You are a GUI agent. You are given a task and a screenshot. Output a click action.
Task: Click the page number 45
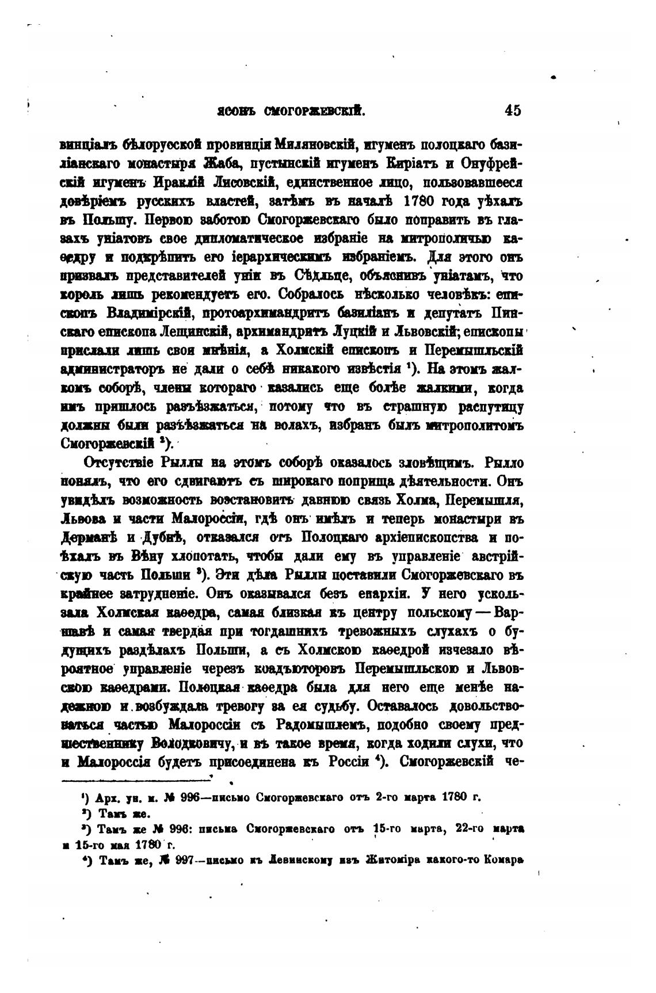click(512, 110)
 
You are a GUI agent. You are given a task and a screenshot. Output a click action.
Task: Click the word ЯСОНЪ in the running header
click(232, 110)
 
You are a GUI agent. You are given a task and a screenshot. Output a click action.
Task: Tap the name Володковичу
click(193, 742)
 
